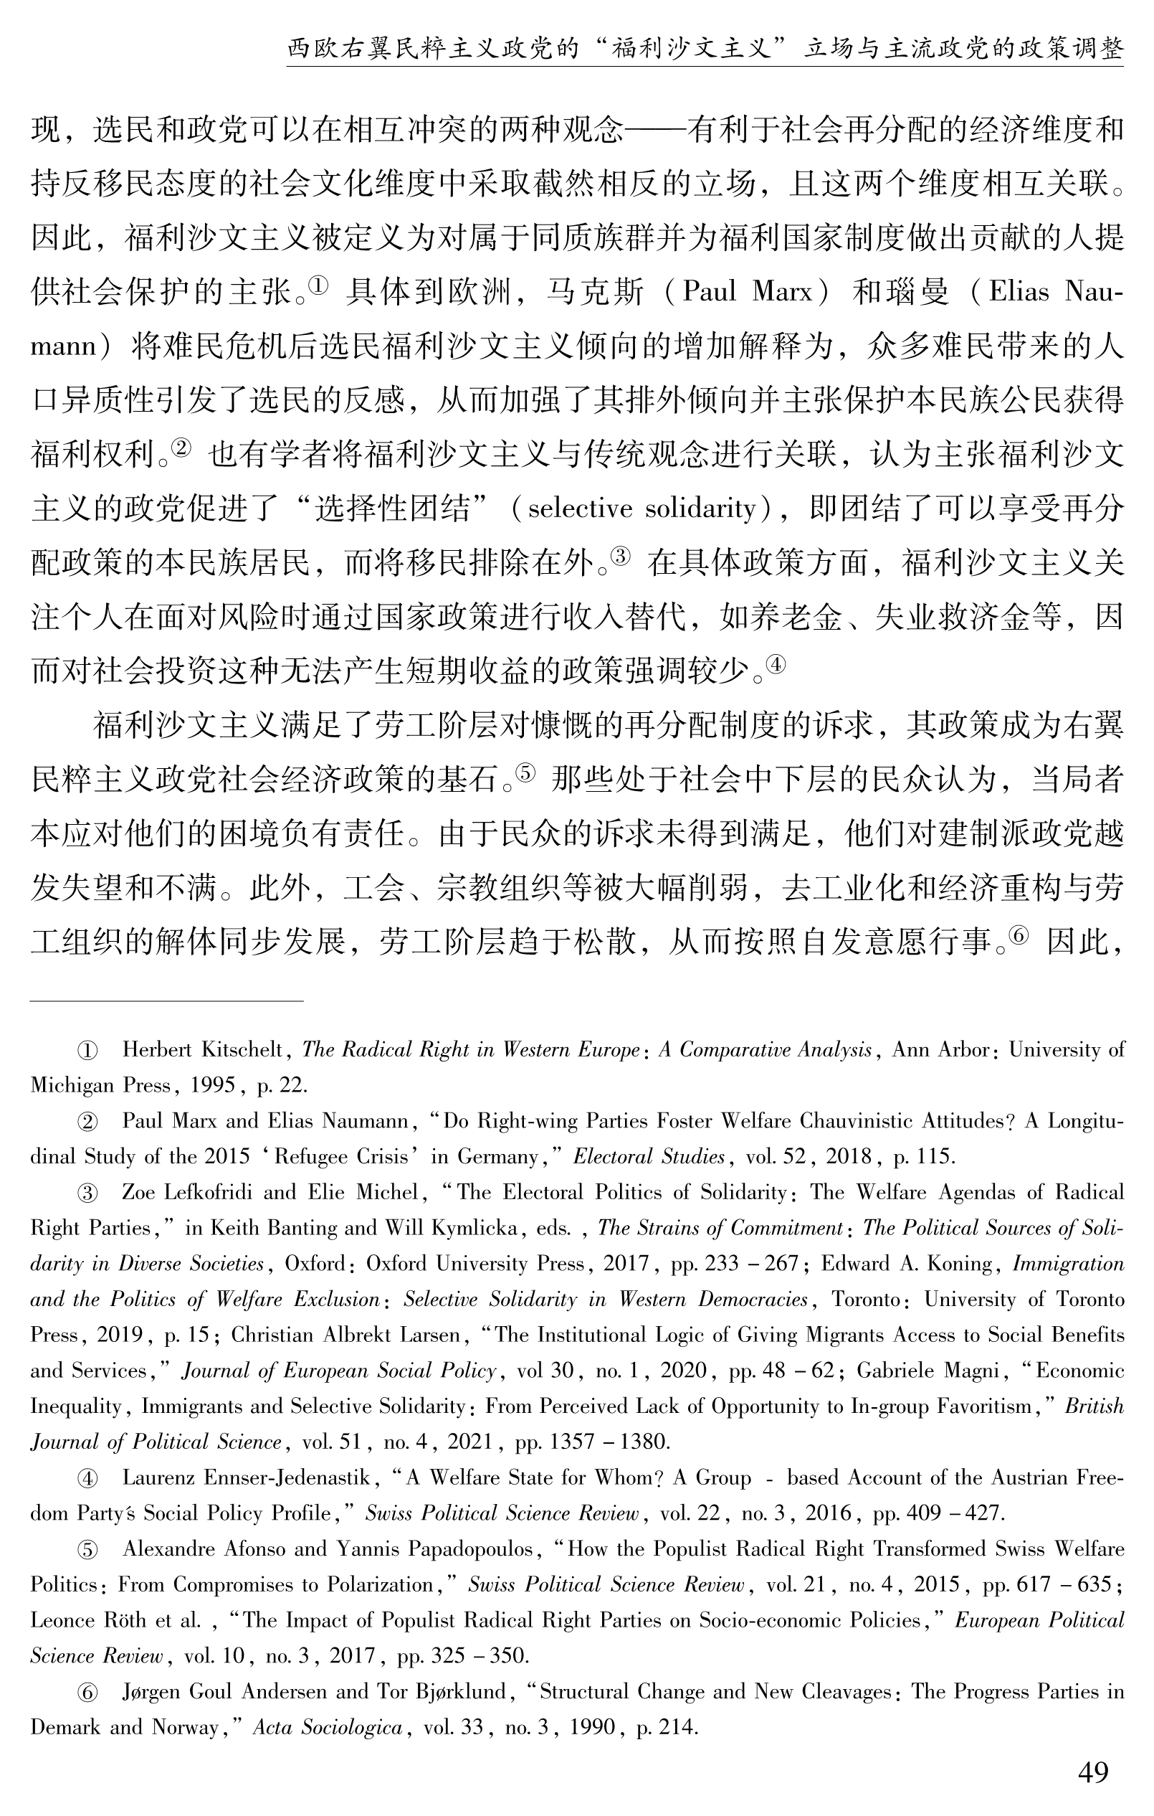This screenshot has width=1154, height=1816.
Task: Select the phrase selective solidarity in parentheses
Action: click(642, 509)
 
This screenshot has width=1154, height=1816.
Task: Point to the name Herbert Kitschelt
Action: click(202, 1049)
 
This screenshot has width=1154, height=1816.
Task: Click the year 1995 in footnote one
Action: click(215, 1085)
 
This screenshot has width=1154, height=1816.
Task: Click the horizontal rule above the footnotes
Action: click(166, 1001)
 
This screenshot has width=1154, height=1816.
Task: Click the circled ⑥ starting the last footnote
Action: click(87, 1693)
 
